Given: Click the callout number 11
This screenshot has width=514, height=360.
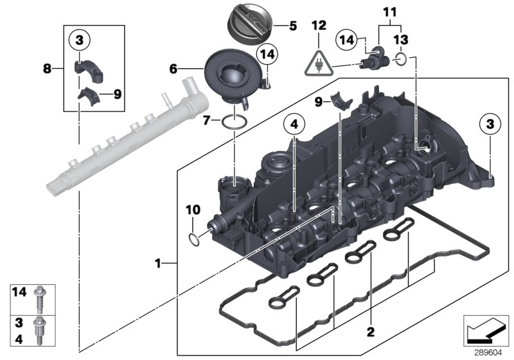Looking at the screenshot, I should (387, 12).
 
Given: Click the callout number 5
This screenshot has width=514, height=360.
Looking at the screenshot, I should (293, 26).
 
